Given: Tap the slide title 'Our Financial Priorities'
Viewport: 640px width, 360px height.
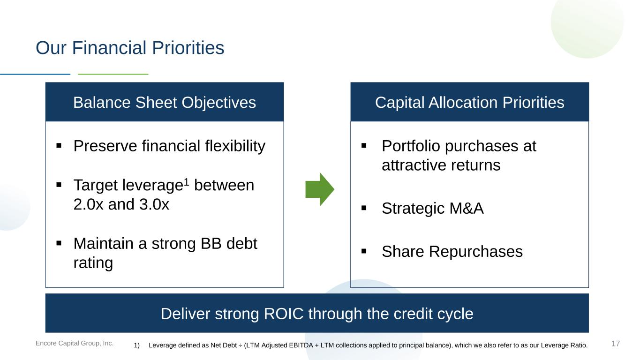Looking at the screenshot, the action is pos(130,47).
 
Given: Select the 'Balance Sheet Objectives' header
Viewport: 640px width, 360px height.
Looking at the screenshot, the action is pos(165,102).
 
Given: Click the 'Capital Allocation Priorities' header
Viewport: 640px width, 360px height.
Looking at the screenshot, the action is pos(470,102).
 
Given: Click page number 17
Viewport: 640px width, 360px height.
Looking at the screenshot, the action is pos(616,344).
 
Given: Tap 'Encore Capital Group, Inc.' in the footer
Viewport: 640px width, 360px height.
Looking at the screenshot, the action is pos(74,343).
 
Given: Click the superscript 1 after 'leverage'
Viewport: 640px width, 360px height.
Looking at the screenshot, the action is pos(186,182).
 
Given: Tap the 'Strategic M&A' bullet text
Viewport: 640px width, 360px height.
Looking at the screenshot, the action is pos(433,208).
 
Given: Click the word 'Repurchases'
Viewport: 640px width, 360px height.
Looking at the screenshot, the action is pos(476,252).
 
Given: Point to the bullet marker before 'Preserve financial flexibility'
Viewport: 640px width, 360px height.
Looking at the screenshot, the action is pos(59,146).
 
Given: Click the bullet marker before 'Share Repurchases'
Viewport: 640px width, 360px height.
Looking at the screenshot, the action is pos(364,251).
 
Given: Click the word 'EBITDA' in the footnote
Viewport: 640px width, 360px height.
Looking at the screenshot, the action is pos(301,345).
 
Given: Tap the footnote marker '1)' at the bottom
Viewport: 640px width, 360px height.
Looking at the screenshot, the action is pos(136,345).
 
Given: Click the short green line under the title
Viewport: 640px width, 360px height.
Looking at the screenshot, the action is pos(113,74).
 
